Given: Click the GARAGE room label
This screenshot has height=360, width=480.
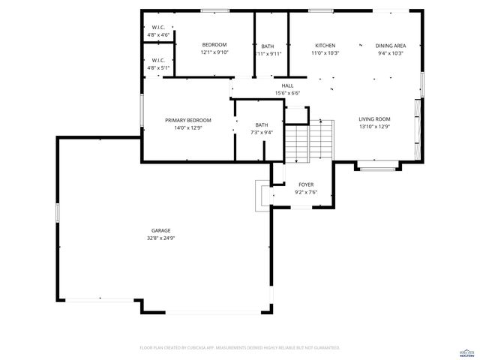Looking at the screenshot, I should (160, 230).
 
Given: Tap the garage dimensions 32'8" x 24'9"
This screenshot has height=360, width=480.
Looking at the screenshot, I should (160, 238).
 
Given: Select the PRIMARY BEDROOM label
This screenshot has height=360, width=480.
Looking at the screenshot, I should (188, 120).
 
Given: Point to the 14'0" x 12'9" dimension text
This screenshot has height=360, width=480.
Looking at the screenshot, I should (188, 128).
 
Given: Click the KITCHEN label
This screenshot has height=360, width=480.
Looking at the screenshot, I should (325, 46).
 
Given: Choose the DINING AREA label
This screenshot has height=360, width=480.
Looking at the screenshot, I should (390, 46).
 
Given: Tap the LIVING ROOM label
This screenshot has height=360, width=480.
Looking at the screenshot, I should (374, 118).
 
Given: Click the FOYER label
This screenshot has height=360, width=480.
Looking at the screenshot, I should (306, 184).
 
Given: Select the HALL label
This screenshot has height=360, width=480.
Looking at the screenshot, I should (287, 85).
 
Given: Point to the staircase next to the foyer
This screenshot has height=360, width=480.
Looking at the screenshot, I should (307, 142).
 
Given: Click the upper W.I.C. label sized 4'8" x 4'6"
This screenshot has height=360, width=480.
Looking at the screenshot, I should (157, 27).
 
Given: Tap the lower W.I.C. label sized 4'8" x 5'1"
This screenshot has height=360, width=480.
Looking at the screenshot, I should (157, 60).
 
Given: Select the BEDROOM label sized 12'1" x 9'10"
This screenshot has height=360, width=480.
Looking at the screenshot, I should (214, 45).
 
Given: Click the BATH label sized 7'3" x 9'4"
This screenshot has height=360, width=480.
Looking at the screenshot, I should (261, 125).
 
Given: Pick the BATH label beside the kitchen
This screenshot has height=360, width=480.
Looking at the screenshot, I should (268, 46).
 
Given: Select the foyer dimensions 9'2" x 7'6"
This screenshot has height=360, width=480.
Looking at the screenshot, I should (306, 192).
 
